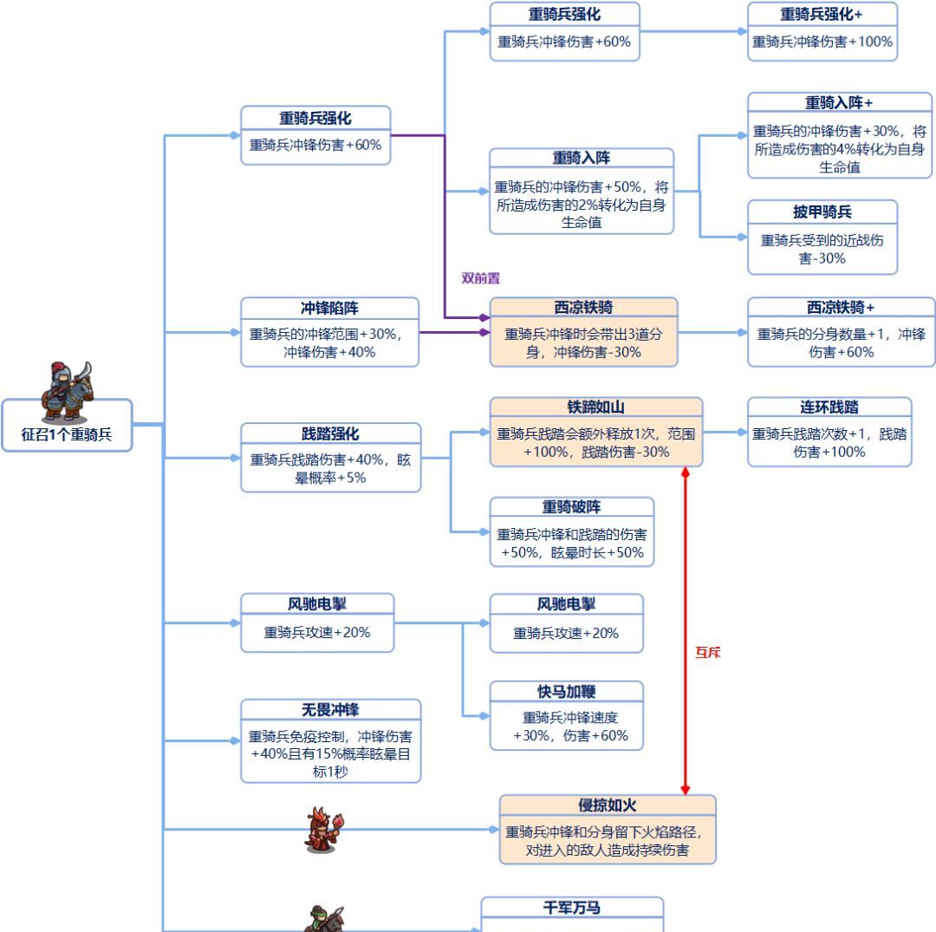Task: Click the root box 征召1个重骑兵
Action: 67,434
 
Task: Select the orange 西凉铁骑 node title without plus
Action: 583,308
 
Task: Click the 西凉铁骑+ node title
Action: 840,308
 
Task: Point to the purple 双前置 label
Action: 480,278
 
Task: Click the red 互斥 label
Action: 707,653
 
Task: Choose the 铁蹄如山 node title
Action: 595,407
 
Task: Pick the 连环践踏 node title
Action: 829,407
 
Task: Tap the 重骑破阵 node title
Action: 571,507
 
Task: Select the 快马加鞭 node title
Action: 566,691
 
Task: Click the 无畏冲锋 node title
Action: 330,710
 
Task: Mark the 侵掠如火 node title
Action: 607,805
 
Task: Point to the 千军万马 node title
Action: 571,908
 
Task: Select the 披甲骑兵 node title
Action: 822,212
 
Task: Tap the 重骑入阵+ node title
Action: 839,103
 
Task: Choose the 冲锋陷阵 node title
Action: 329,308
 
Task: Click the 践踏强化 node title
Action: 330,433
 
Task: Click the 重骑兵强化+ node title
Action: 822,14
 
